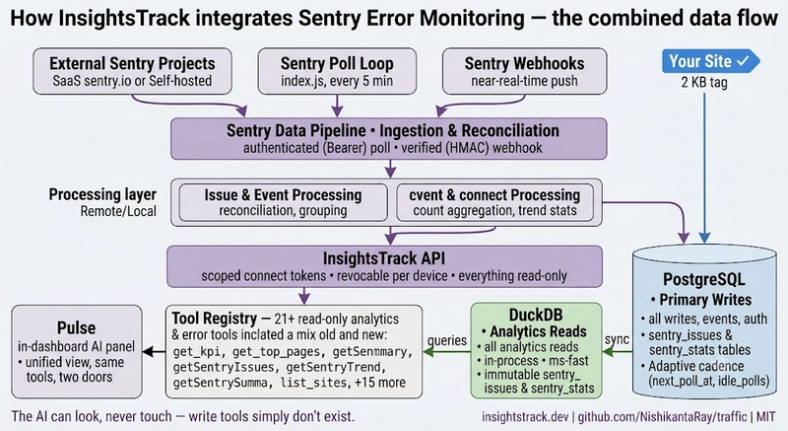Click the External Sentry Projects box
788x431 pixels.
coord(132,71)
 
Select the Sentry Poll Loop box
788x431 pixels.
coord(337,71)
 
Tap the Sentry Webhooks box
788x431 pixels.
coord(524,71)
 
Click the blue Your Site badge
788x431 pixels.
coord(710,61)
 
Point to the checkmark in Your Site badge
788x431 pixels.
coord(743,61)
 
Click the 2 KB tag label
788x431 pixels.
coord(704,82)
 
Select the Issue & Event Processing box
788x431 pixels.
coord(283,202)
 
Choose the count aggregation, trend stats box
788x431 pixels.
coord(494,202)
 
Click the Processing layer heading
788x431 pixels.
coord(102,194)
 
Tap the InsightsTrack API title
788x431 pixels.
coord(384,258)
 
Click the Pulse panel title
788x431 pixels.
coord(77,327)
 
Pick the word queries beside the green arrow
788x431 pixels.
coord(447,340)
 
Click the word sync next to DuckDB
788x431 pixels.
coord(617,339)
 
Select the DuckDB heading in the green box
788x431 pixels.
coord(536,315)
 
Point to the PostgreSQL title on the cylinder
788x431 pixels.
coord(703,279)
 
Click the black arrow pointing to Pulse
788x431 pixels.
coord(155,351)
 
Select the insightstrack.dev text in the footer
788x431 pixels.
coord(525,416)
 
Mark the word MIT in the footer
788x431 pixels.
coord(766,416)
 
